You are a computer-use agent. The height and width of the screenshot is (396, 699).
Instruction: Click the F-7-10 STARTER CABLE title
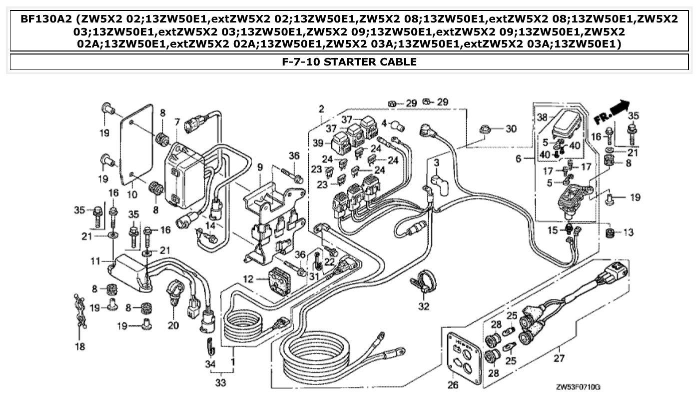[349, 62]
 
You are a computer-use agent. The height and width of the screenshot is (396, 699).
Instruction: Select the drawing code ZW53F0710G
[578, 387]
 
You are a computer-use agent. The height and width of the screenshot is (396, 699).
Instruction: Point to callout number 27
[558, 357]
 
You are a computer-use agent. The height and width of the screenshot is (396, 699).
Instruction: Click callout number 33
[221, 383]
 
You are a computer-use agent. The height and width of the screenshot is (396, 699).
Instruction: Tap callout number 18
[80, 346]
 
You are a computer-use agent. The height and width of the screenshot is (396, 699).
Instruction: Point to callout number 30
[510, 129]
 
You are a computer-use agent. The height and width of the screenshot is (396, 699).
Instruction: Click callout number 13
[628, 232]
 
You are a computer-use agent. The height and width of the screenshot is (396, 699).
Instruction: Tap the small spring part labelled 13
[610, 232]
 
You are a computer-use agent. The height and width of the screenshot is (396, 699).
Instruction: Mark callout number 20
[173, 325]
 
